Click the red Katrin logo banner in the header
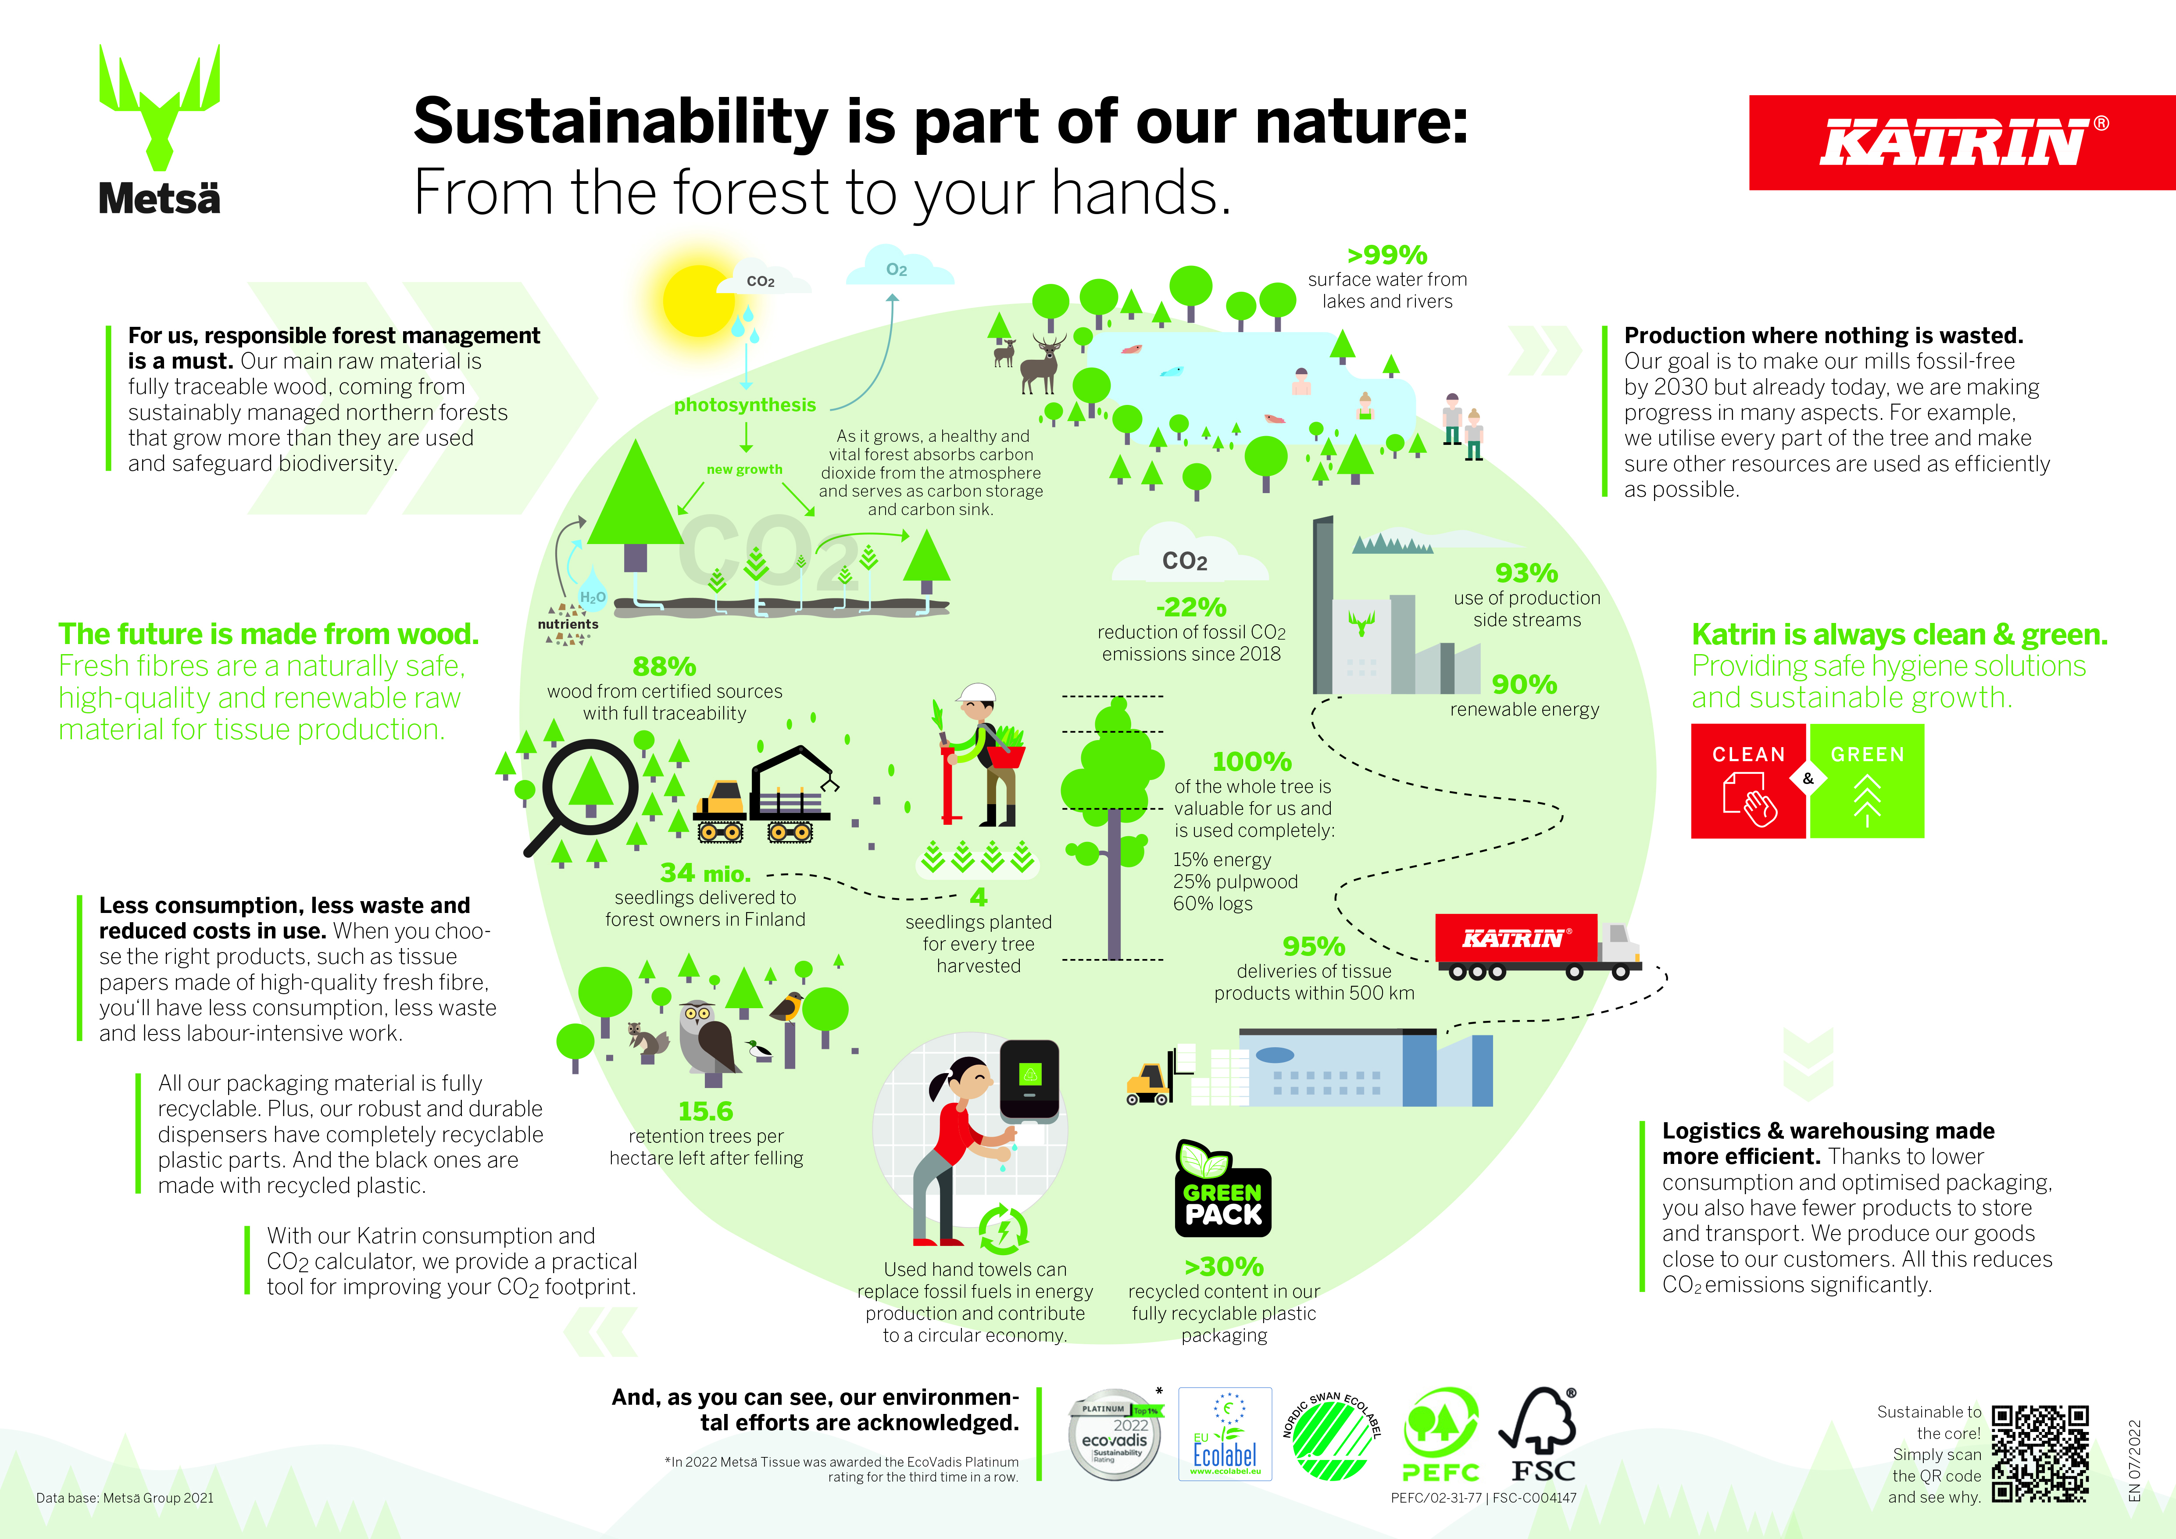coord(1962,142)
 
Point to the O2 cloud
coord(898,266)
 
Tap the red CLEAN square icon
coord(1749,781)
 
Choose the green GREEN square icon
coord(1867,781)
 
